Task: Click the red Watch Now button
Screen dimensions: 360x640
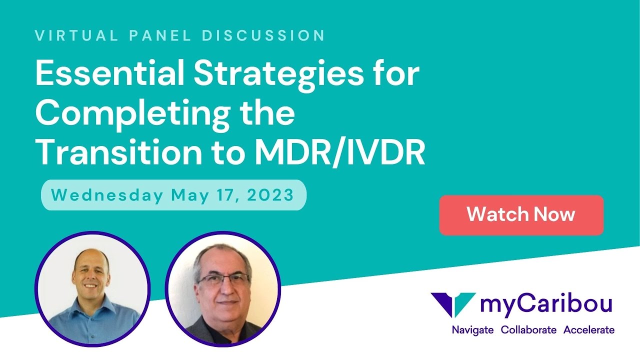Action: point(521,215)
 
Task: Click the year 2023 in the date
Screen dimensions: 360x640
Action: point(272,195)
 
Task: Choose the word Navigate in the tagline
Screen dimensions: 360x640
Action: point(472,330)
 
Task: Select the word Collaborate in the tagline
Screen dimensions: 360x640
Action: point(528,330)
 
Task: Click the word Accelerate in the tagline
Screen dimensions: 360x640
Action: point(589,330)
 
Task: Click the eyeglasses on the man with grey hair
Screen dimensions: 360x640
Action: point(223,279)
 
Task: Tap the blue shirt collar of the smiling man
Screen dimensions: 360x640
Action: point(92,303)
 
